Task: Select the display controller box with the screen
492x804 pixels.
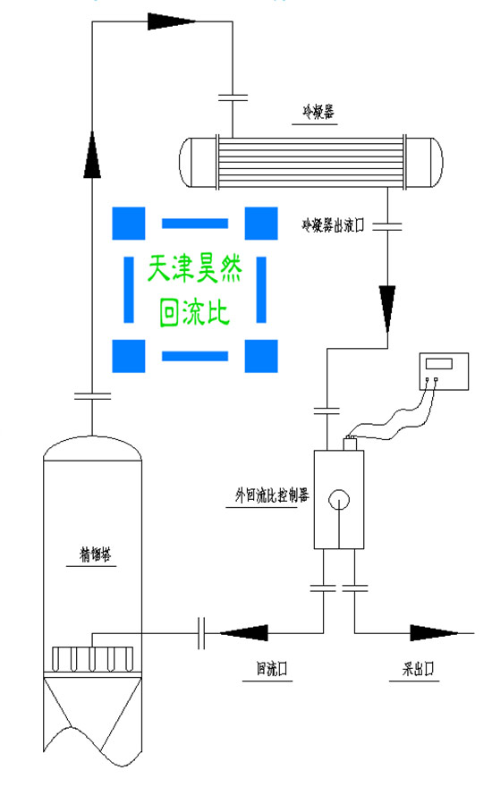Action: coord(445,365)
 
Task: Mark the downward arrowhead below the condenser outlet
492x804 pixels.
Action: coord(387,305)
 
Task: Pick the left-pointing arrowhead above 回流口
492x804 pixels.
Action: coord(243,632)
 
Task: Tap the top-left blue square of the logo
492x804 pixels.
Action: coord(128,223)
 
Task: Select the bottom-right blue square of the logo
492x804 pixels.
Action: coord(260,356)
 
